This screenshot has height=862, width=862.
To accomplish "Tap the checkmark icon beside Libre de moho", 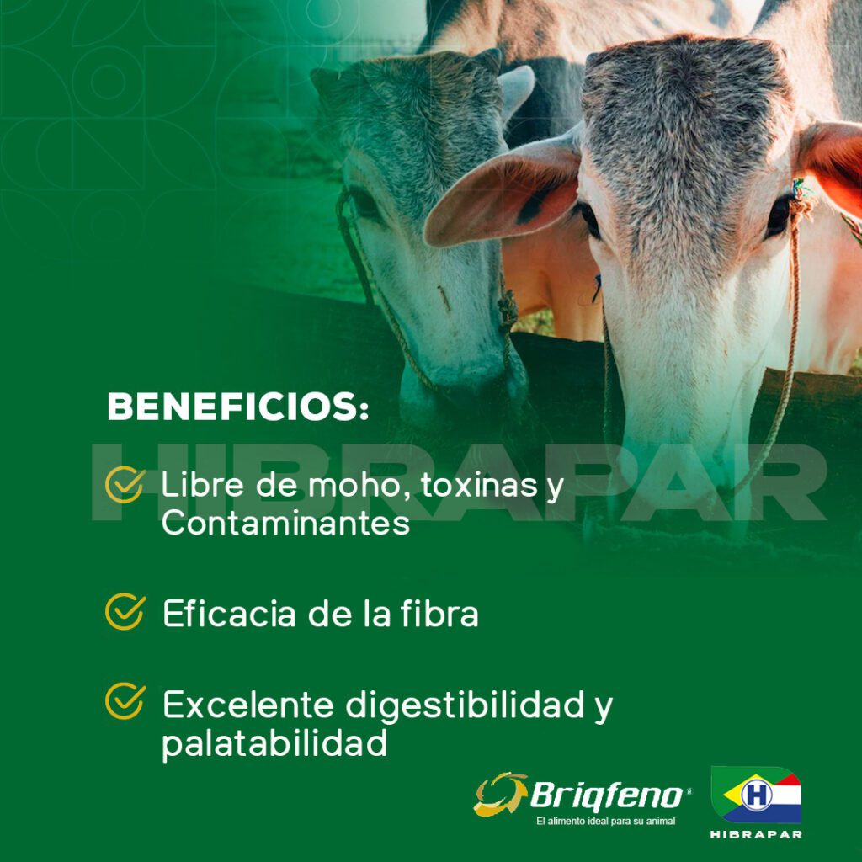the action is tap(125, 484).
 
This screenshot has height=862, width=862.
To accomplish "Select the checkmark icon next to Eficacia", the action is tap(125, 611).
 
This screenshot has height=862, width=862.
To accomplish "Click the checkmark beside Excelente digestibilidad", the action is tap(125, 701).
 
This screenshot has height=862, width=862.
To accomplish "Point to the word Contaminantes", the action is tap(286, 523).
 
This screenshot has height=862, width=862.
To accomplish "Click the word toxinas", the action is tap(479, 485).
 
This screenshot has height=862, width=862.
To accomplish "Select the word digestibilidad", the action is tap(465, 706).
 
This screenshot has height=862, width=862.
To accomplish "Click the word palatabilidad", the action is tap(274, 744).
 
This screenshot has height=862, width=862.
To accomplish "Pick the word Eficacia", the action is tap(229, 613).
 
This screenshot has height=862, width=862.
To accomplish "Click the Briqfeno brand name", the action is tap(607, 795).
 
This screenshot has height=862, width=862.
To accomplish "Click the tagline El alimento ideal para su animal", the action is tap(605, 822).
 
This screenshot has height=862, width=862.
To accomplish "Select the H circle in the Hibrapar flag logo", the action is tap(757, 795).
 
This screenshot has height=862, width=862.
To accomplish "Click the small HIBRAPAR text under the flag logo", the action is tap(756, 834).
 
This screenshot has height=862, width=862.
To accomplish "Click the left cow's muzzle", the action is tap(463, 391).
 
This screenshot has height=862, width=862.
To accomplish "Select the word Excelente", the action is tap(248, 705).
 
